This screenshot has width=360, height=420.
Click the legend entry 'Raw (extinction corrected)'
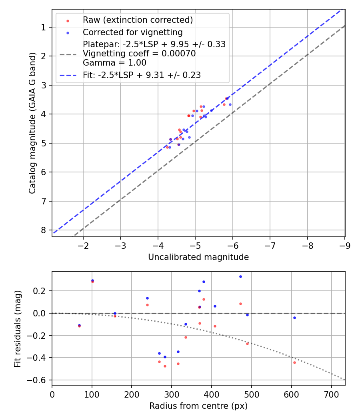click(138, 20)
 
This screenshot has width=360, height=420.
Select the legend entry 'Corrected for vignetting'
click(132, 32)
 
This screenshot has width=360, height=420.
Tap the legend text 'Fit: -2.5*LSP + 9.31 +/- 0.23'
click(142, 75)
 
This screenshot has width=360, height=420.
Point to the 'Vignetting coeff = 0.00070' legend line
click(139, 54)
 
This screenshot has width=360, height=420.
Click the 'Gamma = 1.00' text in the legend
click(114, 63)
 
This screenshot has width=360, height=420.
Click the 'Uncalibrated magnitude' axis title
click(198, 257)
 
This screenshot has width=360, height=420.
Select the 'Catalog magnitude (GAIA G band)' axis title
click(33, 123)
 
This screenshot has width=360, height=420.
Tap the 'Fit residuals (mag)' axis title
click(17, 329)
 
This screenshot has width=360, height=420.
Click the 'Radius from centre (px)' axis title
click(198, 406)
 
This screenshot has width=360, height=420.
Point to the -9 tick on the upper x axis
click(345, 245)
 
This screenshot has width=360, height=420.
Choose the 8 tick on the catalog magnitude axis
click(43, 230)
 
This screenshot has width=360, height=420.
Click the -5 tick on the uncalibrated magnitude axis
click(195, 245)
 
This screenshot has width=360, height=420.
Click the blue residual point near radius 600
click(294, 318)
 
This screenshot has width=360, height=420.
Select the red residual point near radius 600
click(294, 362)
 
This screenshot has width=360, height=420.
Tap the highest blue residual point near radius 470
click(240, 276)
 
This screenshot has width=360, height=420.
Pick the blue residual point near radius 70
click(79, 325)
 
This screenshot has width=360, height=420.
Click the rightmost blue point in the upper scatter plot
click(230, 104)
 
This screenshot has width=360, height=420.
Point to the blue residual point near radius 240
click(147, 298)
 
